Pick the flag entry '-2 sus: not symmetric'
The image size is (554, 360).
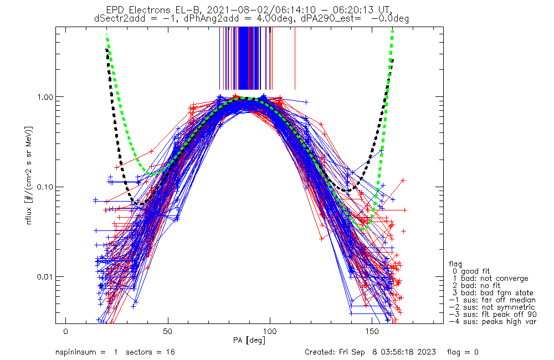coord(492,307)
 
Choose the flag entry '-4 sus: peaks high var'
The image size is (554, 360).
coord(492,321)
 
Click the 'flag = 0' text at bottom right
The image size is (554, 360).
coord(464,352)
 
